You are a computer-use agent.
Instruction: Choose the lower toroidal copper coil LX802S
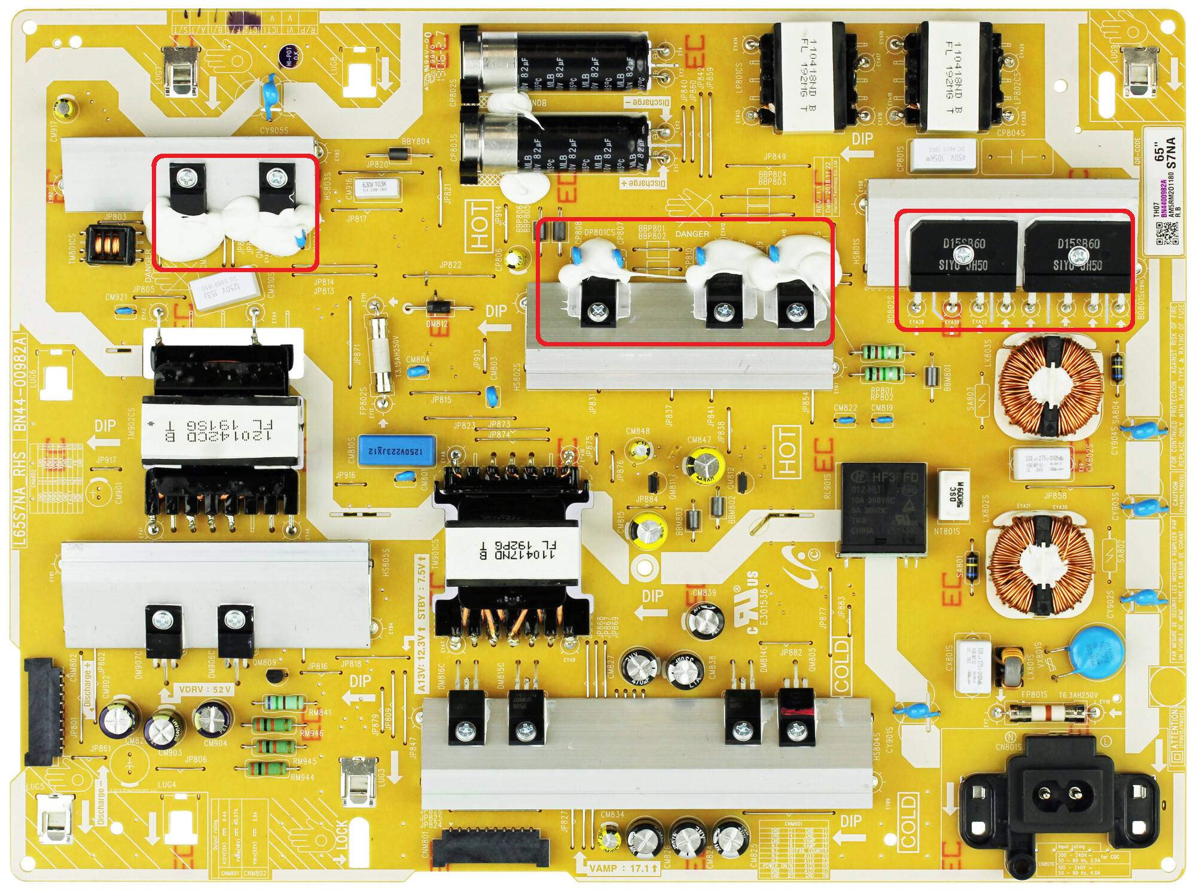click(1041, 565)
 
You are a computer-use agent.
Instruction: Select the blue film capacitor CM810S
click(396, 450)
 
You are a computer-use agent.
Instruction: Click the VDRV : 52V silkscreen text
click(205, 690)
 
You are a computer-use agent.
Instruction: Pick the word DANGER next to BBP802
click(692, 234)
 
